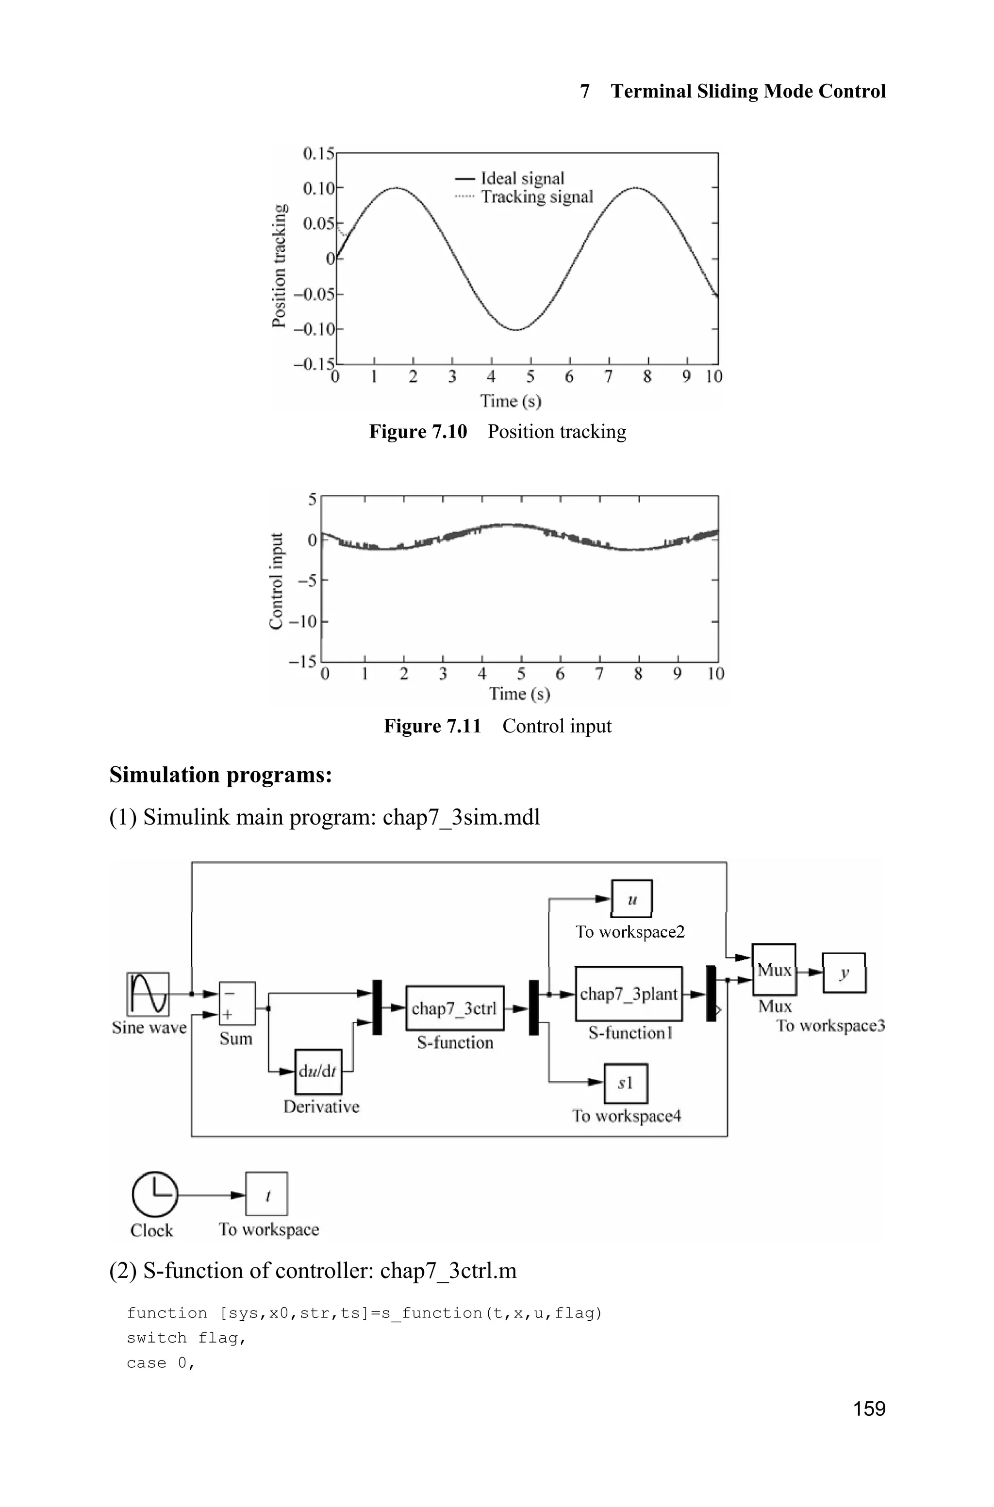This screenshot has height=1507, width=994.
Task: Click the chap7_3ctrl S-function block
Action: (454, 1008)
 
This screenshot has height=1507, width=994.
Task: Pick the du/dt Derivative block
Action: (318, 1071)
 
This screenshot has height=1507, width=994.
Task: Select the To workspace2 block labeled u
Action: (631, 899)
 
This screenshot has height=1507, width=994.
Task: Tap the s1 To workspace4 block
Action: (626, 1083)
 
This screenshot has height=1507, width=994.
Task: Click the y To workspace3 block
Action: (844, 973)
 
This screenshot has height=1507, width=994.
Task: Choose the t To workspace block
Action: (267, 1194)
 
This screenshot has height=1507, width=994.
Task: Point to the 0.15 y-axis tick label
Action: (318, 154)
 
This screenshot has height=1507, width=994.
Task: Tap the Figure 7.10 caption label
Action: (418, 432)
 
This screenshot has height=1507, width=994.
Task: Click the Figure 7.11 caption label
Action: (432, 726)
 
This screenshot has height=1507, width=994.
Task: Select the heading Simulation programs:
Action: (221, 775)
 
